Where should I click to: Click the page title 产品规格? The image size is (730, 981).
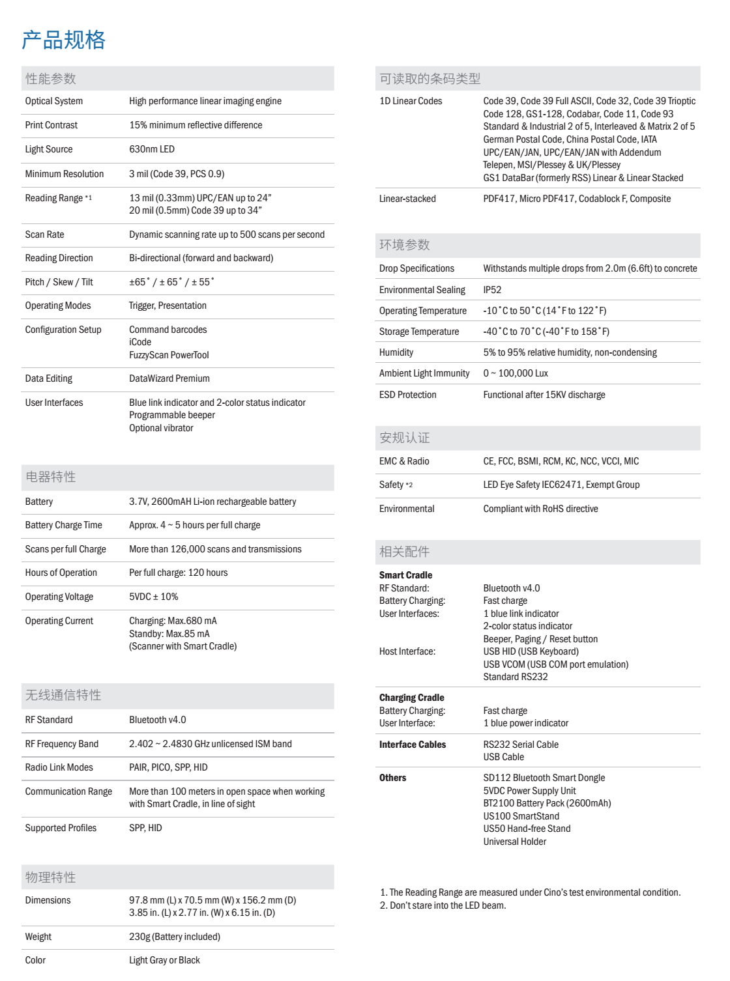(63, 40)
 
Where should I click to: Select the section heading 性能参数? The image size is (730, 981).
(51, 79)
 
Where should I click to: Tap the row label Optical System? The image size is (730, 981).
(54, 101)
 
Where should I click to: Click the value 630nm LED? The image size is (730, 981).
(152, 149)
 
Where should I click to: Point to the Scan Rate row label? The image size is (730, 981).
(44, 235)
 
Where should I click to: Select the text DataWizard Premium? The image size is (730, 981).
(169, 378)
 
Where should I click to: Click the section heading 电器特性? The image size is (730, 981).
(51, 477)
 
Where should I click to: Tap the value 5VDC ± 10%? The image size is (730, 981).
(154, 597)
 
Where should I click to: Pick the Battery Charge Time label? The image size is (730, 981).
(64, 525)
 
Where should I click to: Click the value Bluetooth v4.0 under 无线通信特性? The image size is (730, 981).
(158, 720)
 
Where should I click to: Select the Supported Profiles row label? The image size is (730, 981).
(61, 828)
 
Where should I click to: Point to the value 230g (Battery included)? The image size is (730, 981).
(175, 937)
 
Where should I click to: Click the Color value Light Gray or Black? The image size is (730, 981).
(164, 960)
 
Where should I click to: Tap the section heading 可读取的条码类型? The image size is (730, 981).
(430, 79)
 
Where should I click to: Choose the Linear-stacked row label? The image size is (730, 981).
(407, 199)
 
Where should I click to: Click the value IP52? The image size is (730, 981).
(492, 290)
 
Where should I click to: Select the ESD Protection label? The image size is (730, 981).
(408, 395)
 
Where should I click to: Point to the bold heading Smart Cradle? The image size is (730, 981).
(405, 575)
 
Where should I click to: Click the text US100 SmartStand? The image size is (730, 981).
(521, 816)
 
